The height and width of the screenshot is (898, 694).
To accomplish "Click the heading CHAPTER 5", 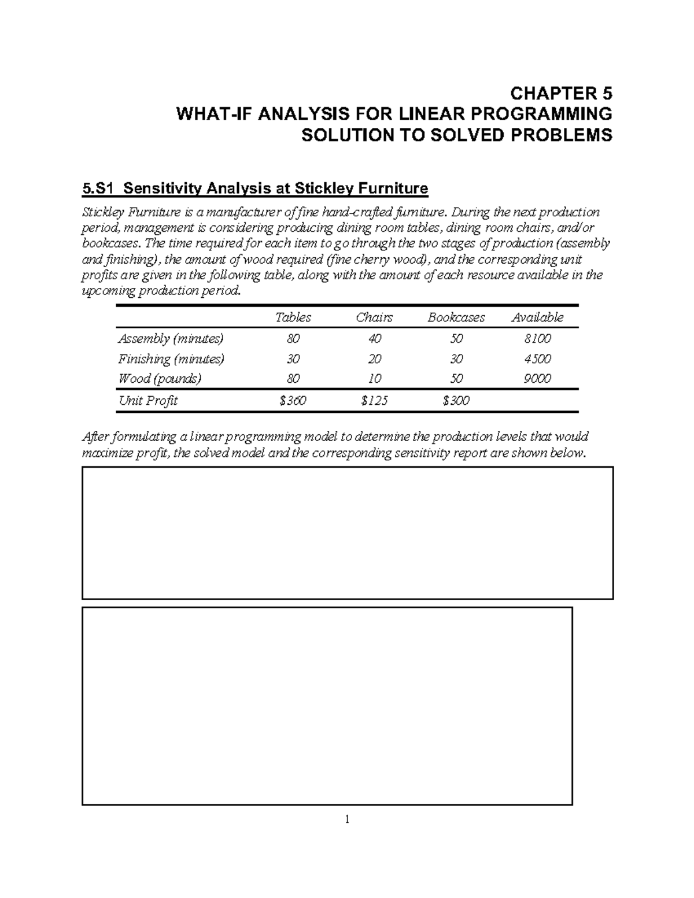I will click(x=560, y=93).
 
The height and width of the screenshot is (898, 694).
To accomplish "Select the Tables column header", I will click(x=293, y=317).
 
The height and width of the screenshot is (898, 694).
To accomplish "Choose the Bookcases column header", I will click(x=456, y=317).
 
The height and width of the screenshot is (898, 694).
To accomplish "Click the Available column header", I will click(x=537, y=317).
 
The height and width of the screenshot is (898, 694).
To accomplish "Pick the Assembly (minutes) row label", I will click(x=171, y=338).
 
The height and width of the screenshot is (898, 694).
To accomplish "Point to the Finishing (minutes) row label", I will click(x=171, y=359).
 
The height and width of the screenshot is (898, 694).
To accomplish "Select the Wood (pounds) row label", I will click(x=160, y=379).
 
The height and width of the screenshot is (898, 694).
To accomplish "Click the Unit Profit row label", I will click(x=147, y=401).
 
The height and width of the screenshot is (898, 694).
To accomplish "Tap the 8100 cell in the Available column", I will click(x=537, y=338).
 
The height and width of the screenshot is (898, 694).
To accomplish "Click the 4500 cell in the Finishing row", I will click(x=537, y=359).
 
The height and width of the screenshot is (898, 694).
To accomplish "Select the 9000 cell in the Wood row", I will click(x=537, y=379).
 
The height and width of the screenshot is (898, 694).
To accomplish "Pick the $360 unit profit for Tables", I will click(x=293, y=401).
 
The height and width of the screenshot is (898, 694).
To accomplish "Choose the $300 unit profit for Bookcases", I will click(x=456, y=401).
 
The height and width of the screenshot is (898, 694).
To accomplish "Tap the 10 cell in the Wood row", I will click(x=374, y=379).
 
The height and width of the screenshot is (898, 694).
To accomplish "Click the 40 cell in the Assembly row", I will click(x=374, y=338).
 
